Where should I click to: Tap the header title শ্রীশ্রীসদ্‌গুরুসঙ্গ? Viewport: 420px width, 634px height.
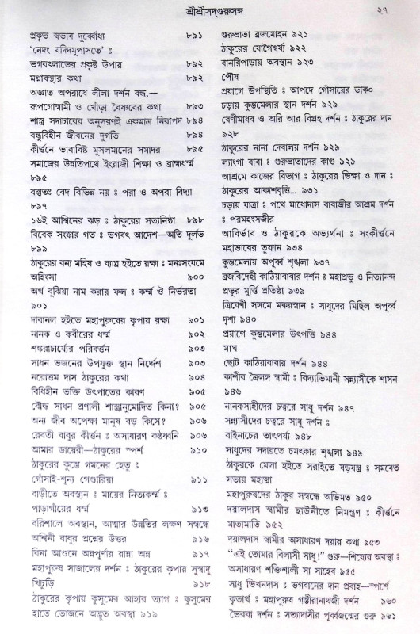tap(209, 10)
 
